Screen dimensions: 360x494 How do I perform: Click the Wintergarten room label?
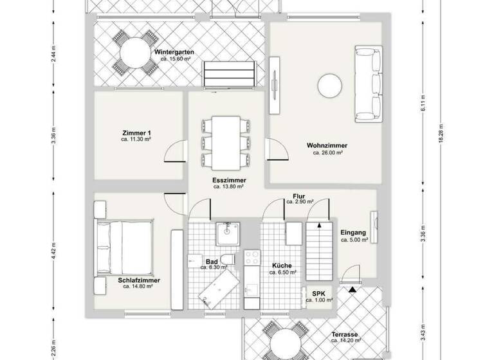point(174,51)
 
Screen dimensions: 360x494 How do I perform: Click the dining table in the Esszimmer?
point(224,141)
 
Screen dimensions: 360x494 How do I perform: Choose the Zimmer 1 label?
point(135,132)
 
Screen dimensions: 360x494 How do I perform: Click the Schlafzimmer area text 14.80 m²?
point(138,287)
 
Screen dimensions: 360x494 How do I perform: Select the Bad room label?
point(212,261)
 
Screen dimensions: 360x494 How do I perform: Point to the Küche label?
point(282,265)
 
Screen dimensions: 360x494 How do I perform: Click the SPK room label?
point(318,293)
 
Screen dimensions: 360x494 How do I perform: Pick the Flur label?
point(299,195)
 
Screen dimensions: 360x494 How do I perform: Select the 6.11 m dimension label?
point(423,108)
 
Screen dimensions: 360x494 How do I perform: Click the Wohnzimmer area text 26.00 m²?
point(327,153)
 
